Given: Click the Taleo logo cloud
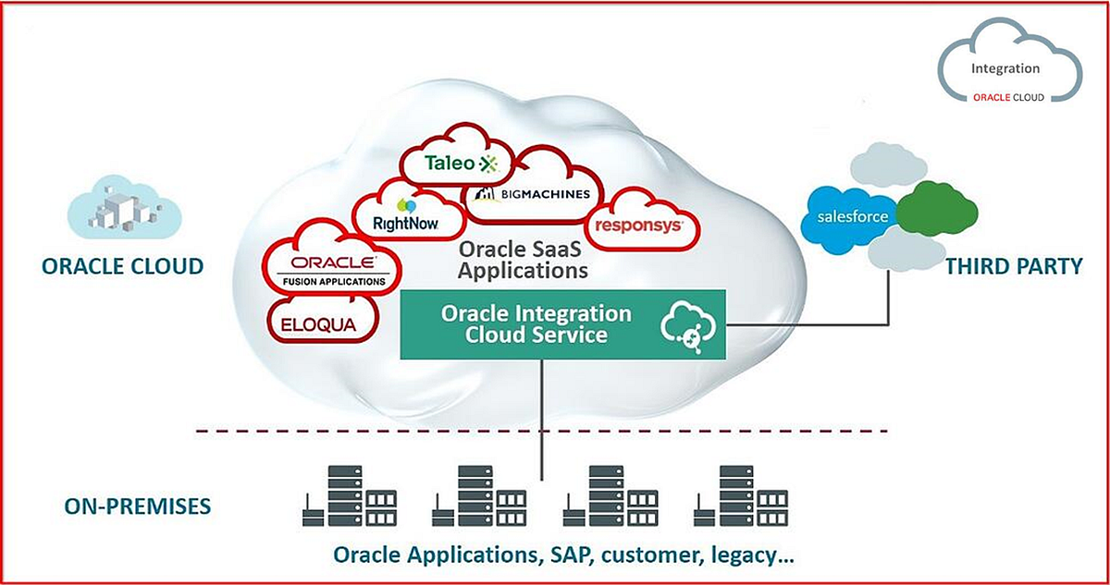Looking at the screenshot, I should pyautogui.click(x=459, y=164).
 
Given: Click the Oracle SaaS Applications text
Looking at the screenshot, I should pyautogui.click(x=523, y=261).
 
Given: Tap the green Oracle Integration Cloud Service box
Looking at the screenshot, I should pyautogui.click(x=536, y=324).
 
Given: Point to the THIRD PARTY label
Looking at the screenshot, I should pyautogui.click(x=1013, y=267).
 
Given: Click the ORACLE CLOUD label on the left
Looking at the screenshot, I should pyautogui.click(x=122, y=267).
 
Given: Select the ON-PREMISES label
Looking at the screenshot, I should pyautogui.click(x=138, y=506).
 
